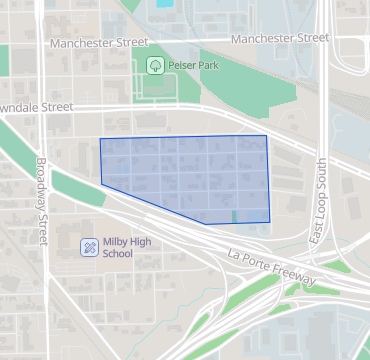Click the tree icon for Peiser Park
156,65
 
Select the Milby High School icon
89,246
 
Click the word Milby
116,241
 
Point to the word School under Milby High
117,253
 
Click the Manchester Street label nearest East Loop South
279,38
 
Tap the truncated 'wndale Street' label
37,106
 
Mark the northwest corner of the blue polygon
100,139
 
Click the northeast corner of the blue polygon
266,136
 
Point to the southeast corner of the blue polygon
270,222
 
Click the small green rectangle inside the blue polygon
234,216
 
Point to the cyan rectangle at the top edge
164,3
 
